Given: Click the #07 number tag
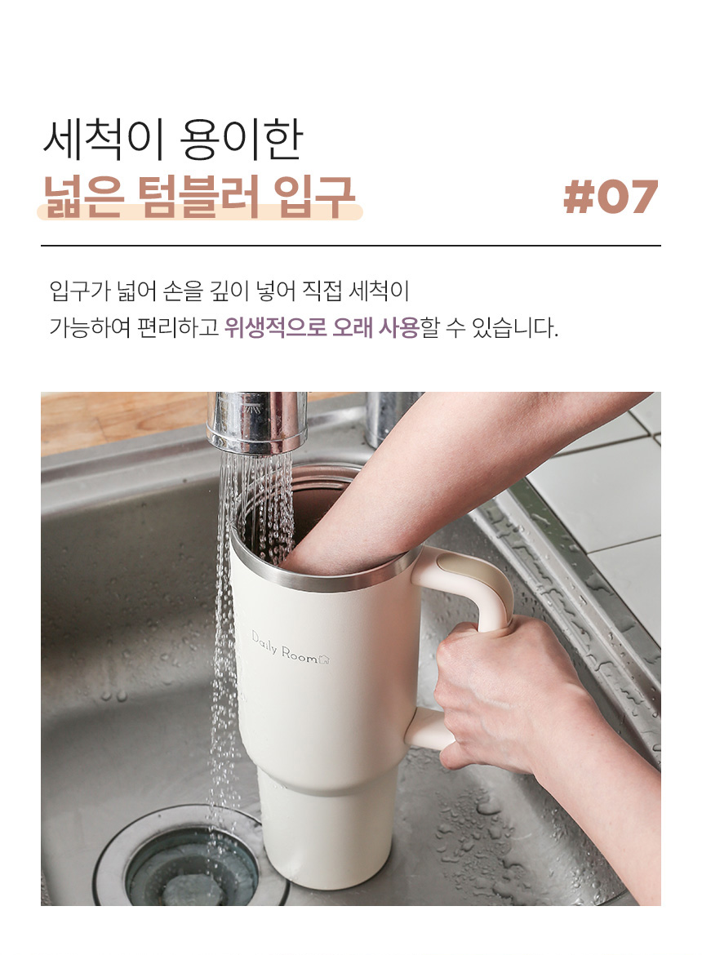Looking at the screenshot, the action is point(610,198).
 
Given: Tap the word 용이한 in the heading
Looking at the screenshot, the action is point(241,140).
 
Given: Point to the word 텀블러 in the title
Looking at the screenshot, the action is point(199,196).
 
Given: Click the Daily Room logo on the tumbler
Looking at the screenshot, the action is point(291,647).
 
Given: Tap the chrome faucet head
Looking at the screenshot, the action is point(256,422).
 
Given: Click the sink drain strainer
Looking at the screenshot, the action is point(191,858).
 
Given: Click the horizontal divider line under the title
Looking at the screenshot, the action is point(351,246).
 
